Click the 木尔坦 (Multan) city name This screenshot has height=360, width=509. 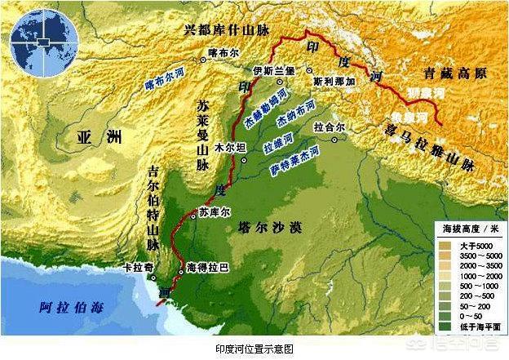pos(225,149)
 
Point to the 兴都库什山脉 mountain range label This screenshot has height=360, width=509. pos(227,30)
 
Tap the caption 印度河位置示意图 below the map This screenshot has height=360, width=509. pos(254,348)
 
